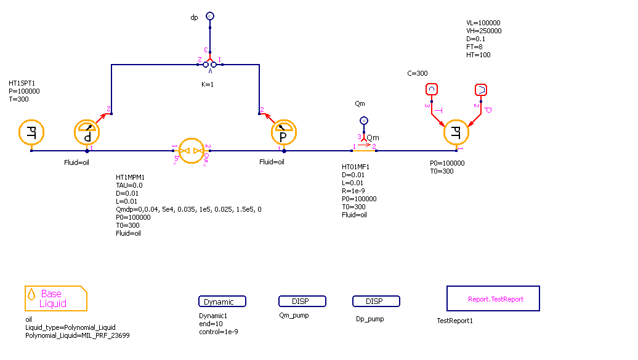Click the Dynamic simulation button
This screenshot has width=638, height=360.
point(222,302)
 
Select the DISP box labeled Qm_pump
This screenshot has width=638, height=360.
point(302,302)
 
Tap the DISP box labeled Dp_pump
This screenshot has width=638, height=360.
point(376,302)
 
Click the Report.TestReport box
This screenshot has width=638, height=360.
point(493,299)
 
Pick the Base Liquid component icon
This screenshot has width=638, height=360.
point(55,298)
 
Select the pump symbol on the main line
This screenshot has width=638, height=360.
point(191,150)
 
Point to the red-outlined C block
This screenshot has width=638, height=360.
point(431,90)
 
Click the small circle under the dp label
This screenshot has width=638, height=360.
point(210,15)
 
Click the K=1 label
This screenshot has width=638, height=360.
point(206,84)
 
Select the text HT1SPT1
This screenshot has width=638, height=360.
point(22,83)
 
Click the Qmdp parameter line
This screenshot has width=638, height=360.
point(188,209)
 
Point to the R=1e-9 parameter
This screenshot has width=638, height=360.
point(355,191)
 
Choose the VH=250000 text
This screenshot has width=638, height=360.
point(483,31)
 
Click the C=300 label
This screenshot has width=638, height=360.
point(418,73)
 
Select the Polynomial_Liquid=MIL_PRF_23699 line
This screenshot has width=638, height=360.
point(78,335)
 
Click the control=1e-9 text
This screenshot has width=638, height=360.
point(219,332)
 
